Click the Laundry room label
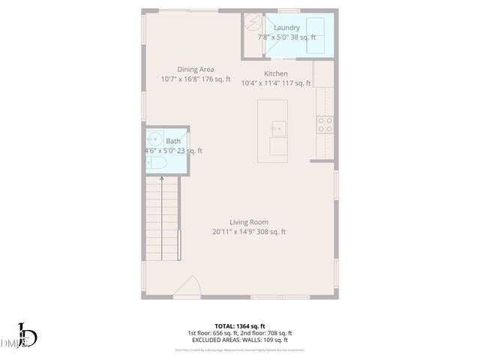coord(286,28)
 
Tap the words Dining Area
coord(196,70)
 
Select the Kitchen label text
coord(276,73)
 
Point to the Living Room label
coord(249,222)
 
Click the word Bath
coord(173,141)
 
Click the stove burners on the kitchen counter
coord(325,124)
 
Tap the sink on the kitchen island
coord(277,127)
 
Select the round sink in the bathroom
coord(156,139)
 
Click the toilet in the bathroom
coord(157,163)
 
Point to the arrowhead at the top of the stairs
coord(162,178)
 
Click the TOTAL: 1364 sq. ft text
coord(239,325)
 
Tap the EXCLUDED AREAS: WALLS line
coord(239,340)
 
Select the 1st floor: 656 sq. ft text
coord(213,333)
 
